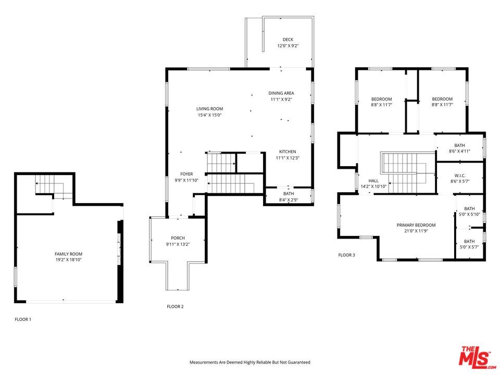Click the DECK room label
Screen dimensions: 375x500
(x=287, y=39)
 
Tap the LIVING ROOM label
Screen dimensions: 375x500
(x=209, y=109)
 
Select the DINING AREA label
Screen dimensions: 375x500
(x=281, y=93)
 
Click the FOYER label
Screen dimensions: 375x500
(x=186, y=174)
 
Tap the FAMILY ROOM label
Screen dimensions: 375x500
(x=69, y=254)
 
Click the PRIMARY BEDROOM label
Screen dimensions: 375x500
(x=416, y=225)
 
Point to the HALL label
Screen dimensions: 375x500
(x=373, y=180)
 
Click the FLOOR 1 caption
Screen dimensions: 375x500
(x=23, y=319)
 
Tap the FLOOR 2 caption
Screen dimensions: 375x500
(x=175, y=307)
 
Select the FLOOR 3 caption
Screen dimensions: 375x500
(x=346, y=255)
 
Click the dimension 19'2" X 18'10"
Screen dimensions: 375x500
(x=69, y=259)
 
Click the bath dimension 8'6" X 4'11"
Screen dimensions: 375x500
(x=459, y=152)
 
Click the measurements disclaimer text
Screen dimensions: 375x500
(x=249, y=362)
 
